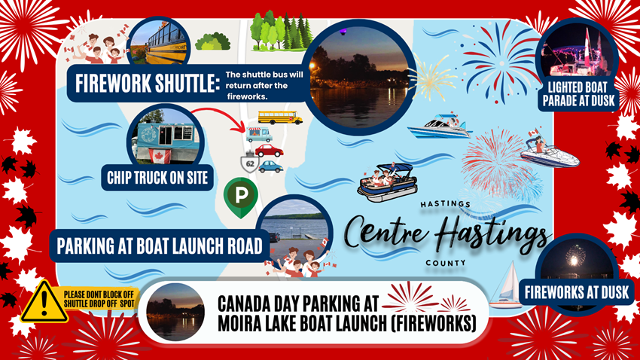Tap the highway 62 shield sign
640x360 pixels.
click(x=250, y=163)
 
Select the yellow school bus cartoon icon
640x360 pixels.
click(x=280, y=117)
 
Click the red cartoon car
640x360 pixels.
click(x=269, y=150)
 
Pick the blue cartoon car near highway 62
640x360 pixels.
click(x=270, y=166)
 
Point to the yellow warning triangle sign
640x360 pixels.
click(x=44, y=302)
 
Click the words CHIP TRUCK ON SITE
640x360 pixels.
click(x=157, y=178)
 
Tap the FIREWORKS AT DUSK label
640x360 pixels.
click(x=577, y=292)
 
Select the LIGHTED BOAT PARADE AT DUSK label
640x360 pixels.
click(x=578, y=94)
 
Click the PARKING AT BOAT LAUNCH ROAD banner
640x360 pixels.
click(x=160, y=246)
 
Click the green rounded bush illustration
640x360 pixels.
click(x=212, y=41)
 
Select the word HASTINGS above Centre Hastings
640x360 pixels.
click(x=445, y=203)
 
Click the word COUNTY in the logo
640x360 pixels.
click(x=445, y=264)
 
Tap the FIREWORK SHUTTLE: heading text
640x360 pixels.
click(x=147, y=84)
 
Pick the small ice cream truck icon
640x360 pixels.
click(x=259, y=135)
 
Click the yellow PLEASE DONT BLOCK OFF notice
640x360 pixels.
click(x=99, y=299)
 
